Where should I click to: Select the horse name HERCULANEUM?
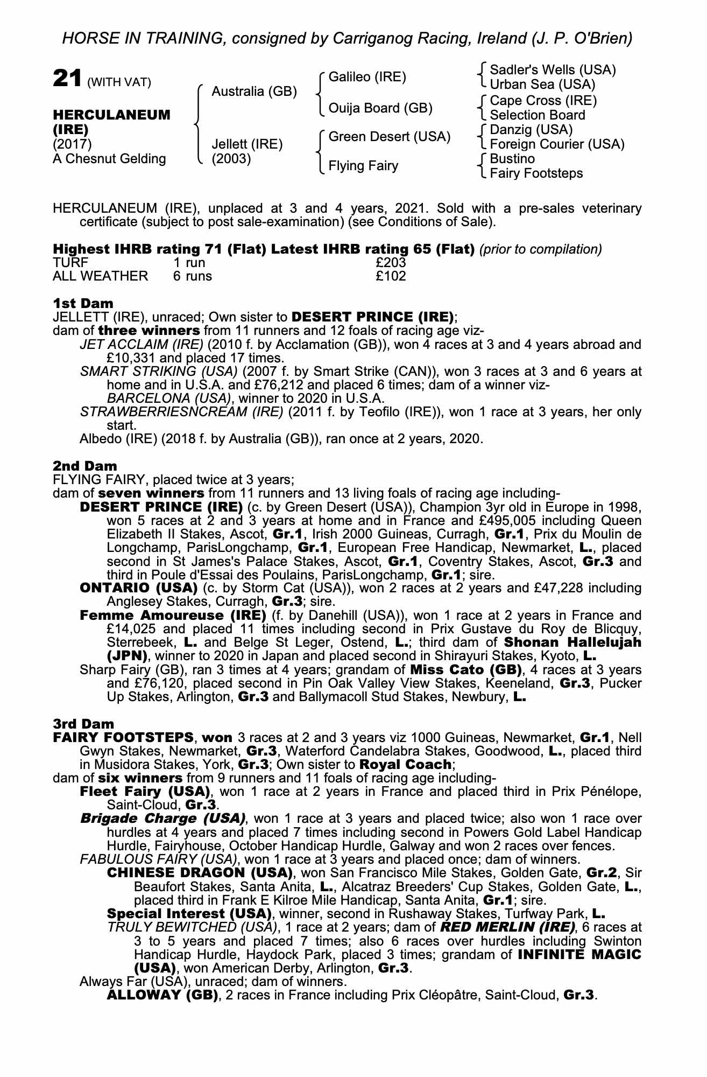coord(111,115)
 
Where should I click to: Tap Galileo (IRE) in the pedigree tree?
coord(367,77)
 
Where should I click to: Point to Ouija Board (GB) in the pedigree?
coord(380,108)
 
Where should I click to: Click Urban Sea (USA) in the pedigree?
coord(542,85)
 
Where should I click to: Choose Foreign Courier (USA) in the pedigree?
coord(557,144)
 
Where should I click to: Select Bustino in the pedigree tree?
coord(512,159)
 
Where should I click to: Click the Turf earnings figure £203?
coord(391,263)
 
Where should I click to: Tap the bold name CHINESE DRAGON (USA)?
coord(200,872)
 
